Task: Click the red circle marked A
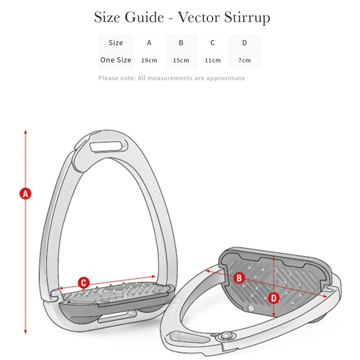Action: click(x=25, y=194)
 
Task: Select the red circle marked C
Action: click(x=84, y=282)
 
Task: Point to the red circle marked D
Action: click(x=274, y=297)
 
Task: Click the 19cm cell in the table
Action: click(x=149, y=60)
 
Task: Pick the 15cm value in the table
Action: click(x=181, y=60)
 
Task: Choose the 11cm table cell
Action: click(x=212, y=60)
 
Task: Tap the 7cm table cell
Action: click(x=244, y=60)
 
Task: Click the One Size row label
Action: click(x=116, y=60)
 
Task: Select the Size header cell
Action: click(x=116, y=43)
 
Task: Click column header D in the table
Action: click(x=244, y=43)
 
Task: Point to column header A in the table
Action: click(x=149, y=43)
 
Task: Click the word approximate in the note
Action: click(x=225, y=78)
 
